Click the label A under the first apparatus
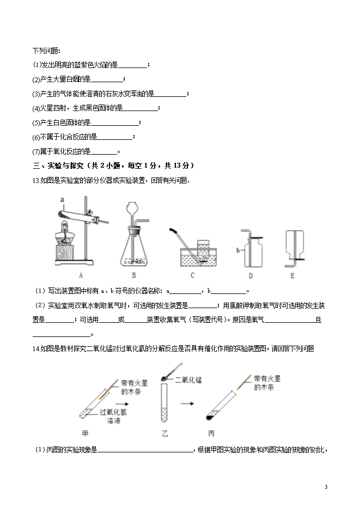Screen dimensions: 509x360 [x=80, y=276]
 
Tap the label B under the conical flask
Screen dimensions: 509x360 [x=134, y=276]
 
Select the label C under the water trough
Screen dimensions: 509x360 [x=192, y=276]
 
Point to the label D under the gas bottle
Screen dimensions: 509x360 [x=250, y=276]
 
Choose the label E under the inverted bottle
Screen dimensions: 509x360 [x=292, y=276]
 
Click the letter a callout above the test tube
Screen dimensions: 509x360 [x=63, y=199]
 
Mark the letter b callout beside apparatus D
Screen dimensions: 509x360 [x=238, y=250]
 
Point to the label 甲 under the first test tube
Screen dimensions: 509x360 [x=85, y=433]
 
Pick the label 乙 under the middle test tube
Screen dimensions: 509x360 [x=165, y=433]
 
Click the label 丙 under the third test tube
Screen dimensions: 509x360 [x=211, y=433]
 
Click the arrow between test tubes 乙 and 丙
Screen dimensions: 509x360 [x=188, y=404]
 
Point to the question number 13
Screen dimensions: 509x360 [x=36, y=181]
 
